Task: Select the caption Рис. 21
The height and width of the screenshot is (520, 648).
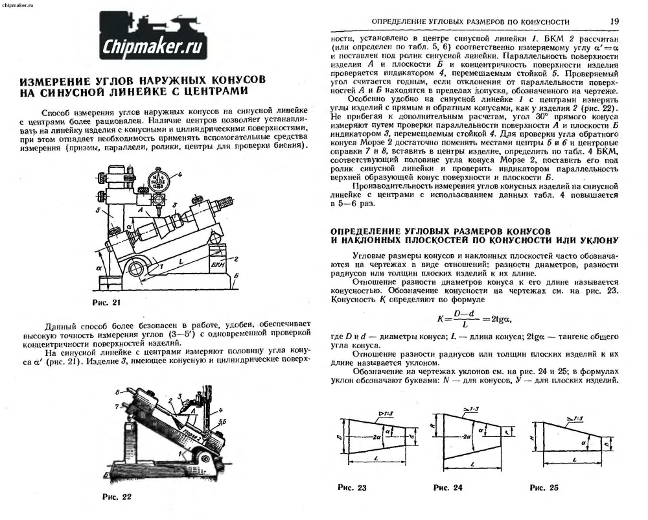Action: coord(107,302)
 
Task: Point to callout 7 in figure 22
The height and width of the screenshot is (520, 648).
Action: coord(117,407)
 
